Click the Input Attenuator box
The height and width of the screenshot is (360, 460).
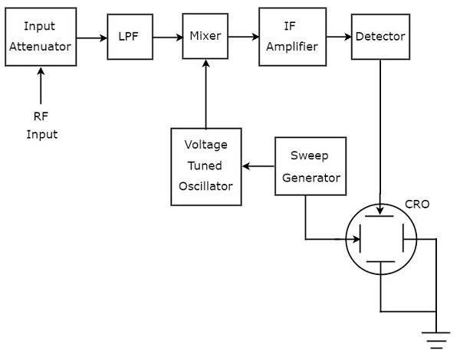click(x=39, y=36)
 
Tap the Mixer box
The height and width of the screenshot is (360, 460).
click(x=205, y=36)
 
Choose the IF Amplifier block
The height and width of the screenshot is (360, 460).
click(x=288, y=36)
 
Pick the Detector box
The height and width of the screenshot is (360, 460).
click(x=380, y=36)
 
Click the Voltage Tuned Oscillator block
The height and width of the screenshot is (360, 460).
click(x=205, y=166)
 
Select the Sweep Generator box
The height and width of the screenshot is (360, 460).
click(x=310, y=166)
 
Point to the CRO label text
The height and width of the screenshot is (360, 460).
click(x=417, y=205)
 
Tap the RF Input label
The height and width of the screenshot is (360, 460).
click(x=42, y=127)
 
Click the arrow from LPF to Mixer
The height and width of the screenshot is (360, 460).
click(x=168, y=36)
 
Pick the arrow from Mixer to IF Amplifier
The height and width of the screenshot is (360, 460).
click(x=244, y=36)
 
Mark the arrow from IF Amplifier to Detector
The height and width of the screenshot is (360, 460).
click(x=334, y=36)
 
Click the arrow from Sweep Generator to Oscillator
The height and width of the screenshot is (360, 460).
click(x=258, y=166)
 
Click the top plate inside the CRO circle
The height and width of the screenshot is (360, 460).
click(x=381, y=217)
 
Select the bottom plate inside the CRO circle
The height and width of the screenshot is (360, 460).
click(x=381, y=262)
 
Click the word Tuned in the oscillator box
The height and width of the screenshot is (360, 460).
click(x=205, y=165)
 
